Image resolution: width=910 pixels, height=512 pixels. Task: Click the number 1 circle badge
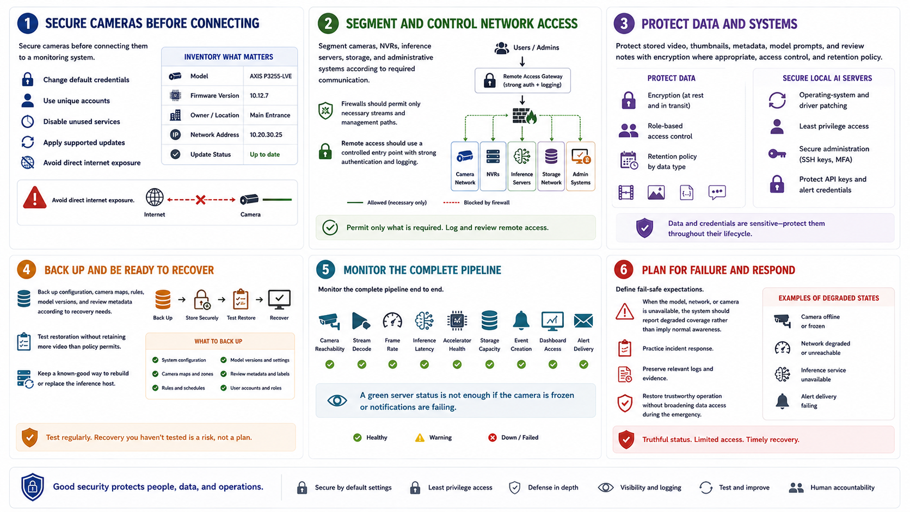28,23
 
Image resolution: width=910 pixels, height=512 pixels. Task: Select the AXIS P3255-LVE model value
270,76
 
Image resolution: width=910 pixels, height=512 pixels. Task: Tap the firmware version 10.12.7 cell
259,95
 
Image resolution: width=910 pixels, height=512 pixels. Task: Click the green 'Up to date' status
265,155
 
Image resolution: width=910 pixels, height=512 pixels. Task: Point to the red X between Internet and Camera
200,199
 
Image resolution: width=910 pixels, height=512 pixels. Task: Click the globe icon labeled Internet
155,198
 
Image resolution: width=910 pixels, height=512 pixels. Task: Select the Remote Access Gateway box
522,81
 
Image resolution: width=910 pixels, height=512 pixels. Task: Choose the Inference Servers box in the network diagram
521,166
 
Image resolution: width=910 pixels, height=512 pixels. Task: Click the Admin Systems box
581,166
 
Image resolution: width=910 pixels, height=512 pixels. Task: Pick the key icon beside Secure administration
777,154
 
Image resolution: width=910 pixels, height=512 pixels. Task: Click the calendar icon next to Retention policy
629,161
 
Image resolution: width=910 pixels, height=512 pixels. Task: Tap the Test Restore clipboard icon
241,300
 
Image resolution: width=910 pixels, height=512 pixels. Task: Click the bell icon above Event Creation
521,321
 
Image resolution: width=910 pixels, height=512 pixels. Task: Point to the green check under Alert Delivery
583,364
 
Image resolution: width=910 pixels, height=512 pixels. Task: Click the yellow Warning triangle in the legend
420,437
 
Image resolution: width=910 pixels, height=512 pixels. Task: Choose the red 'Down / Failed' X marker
493,437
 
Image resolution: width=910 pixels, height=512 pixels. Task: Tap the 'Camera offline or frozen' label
820,321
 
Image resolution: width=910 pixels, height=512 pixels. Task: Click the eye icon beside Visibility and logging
605,487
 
